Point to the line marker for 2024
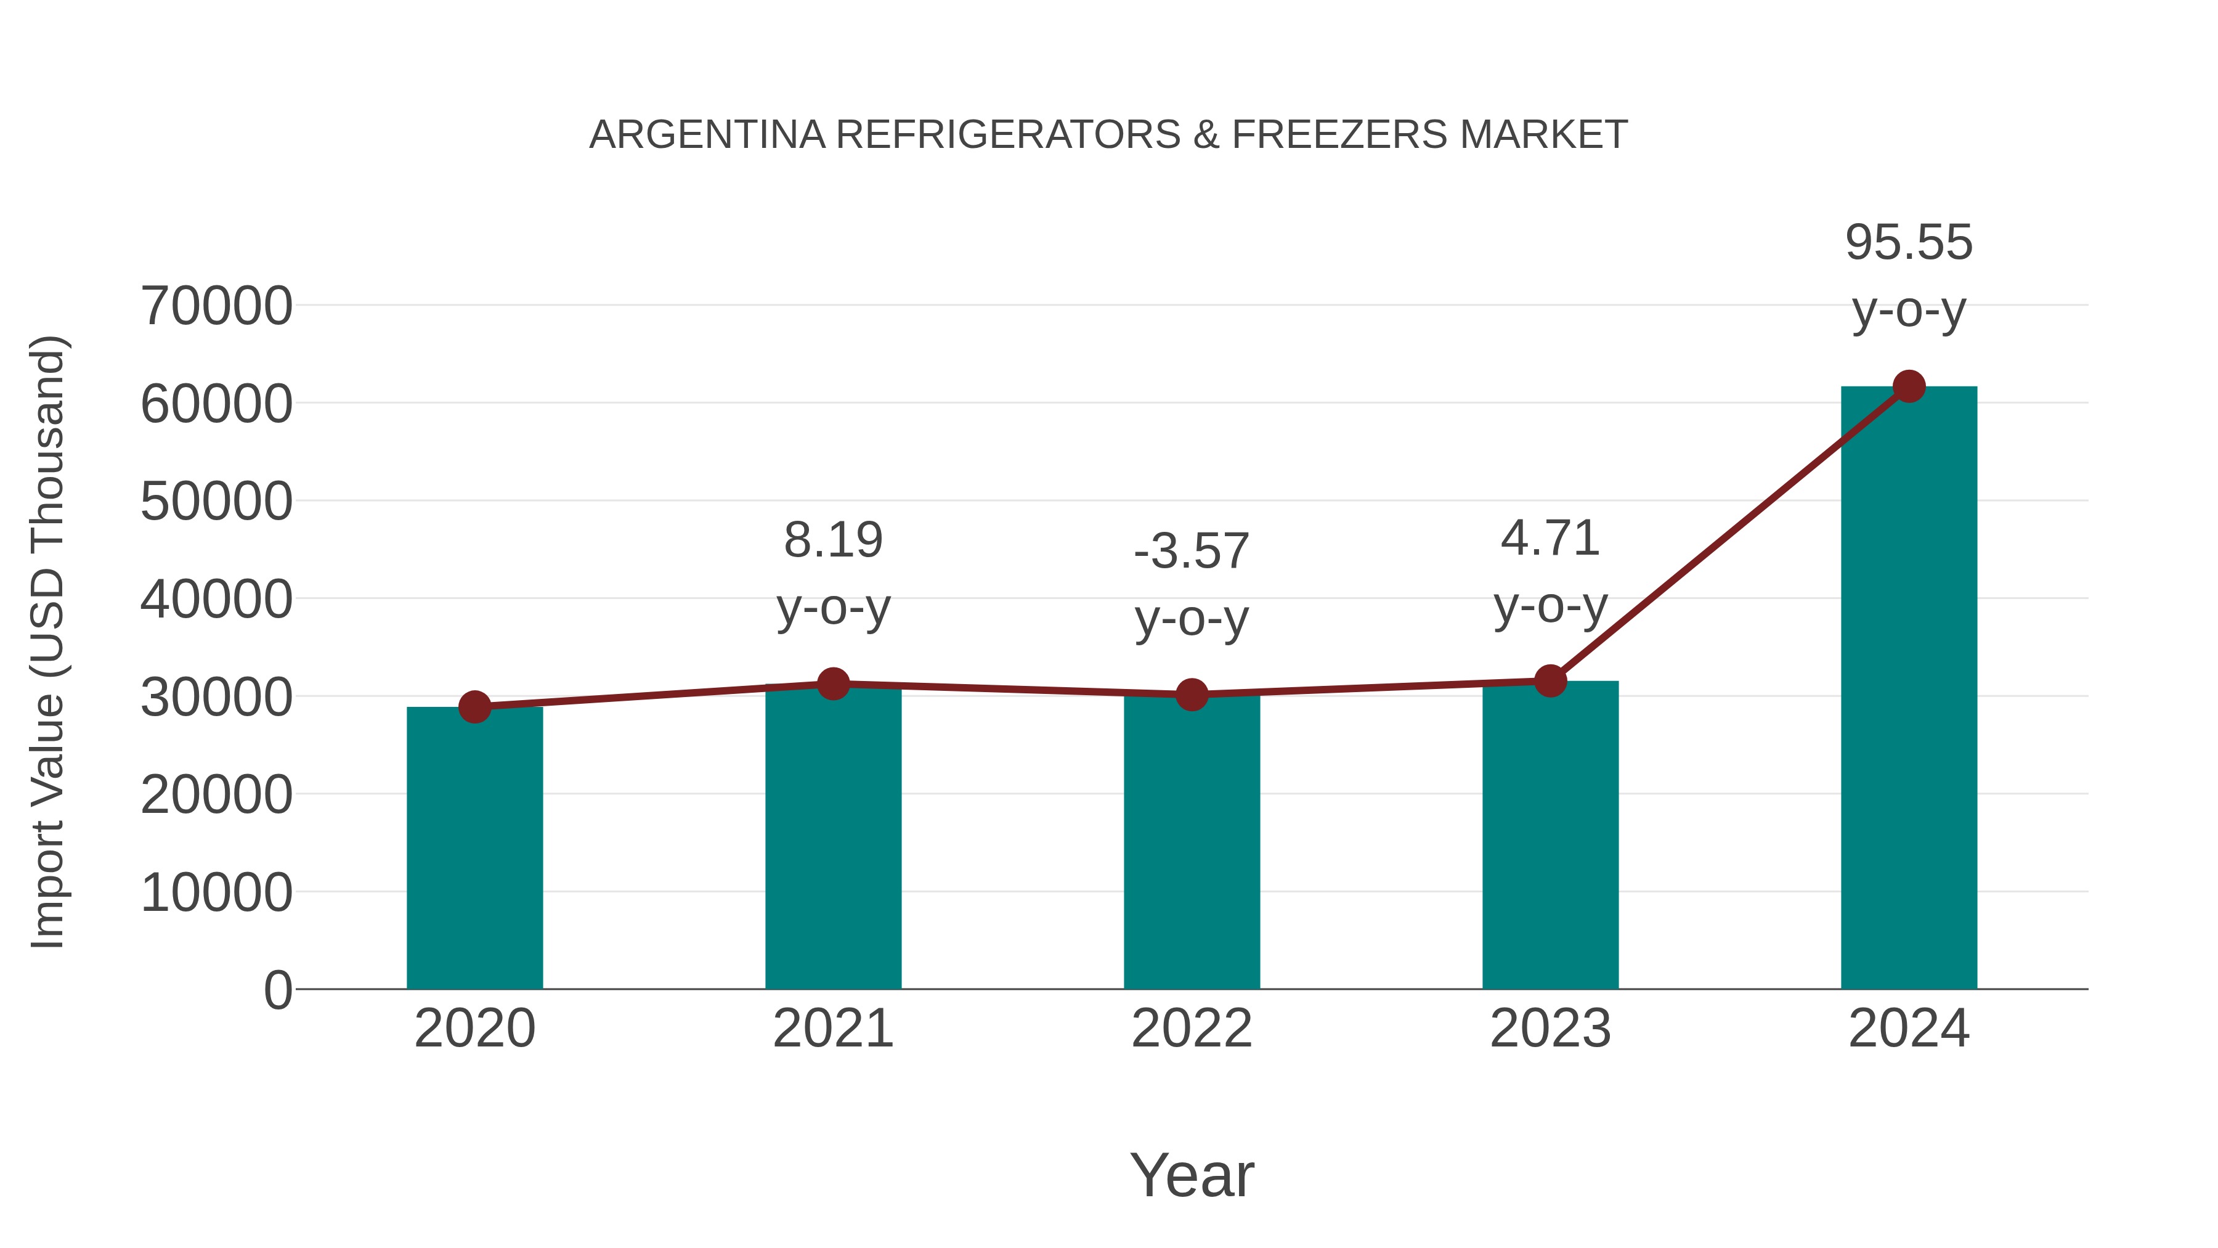(x=1909, y=386)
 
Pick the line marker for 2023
(x=1550, y=681)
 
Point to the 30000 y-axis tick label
(x=216, y=697)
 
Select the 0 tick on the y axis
(x=278, y=990)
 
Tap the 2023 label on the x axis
(x=1550, y=1029)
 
